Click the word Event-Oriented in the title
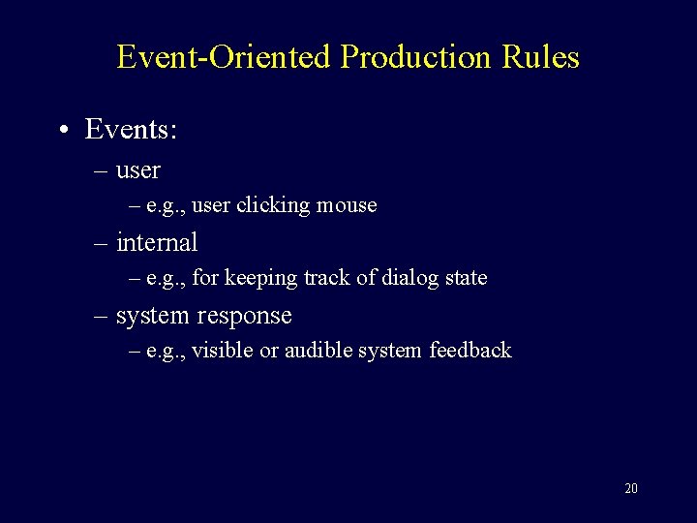point(225,57)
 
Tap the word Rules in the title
point(540,57)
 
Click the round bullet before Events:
point(63,130)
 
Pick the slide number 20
point(631,488)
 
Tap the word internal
point(156,242)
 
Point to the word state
point(466,278)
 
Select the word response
point(247,316)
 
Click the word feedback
point(471,351)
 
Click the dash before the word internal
point(102,243)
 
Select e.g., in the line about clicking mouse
point(166,206)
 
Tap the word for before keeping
point(205,278)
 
